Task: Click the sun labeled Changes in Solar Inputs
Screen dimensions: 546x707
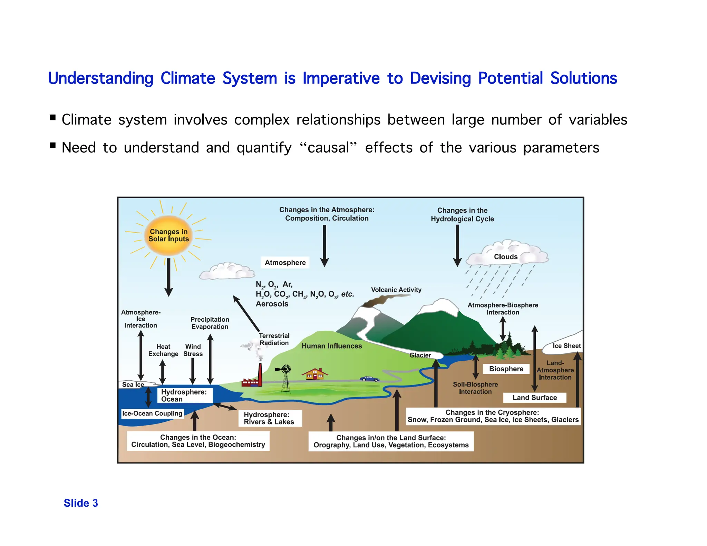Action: [168, 235]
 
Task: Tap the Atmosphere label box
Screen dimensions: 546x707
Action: [285, 263]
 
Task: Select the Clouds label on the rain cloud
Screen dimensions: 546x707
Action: [505, 257]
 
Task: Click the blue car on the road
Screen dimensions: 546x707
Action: [369, 379]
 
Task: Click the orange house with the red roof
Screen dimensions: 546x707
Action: [314, 374]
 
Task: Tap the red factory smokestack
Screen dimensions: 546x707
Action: [260, 374]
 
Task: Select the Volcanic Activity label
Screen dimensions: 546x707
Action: [396, 290]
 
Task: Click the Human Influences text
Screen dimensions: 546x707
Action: [331, 346]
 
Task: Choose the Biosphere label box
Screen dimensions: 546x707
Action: [506, 369]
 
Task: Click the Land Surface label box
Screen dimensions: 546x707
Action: [534, 398]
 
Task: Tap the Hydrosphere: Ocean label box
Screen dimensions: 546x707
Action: [185, 396]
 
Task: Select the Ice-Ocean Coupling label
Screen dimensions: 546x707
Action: [152, 413]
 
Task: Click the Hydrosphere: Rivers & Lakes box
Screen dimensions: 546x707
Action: [269, 418]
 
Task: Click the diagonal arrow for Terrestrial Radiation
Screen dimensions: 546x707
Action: [246, 313]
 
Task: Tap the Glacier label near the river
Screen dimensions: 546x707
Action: [420, 355]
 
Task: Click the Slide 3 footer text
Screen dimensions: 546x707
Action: [81, 503]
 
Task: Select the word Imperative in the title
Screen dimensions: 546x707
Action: [341, 78]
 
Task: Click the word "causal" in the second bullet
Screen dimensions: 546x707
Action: [328, 148]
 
